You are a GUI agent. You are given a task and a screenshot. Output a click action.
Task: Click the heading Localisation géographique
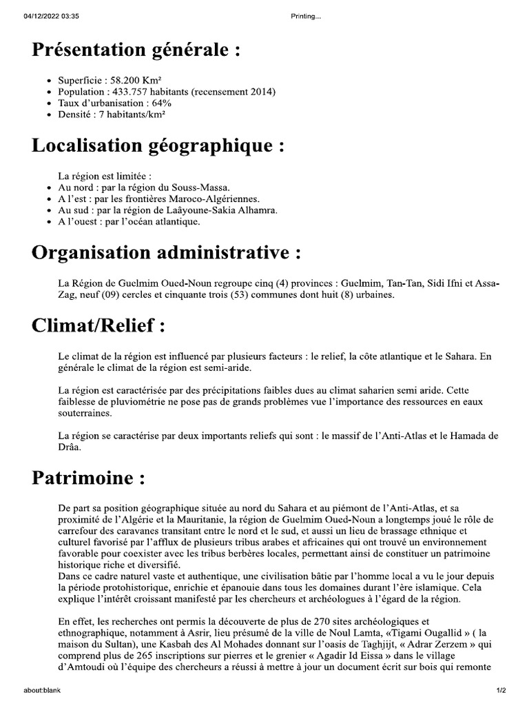[x=158, y=146]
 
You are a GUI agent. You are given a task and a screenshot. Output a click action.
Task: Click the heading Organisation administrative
[x=166, y=253]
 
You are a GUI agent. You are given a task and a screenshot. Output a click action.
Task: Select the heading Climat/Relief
[x=98, y=327]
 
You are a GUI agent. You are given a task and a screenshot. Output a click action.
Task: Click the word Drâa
[x=70, y=447]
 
